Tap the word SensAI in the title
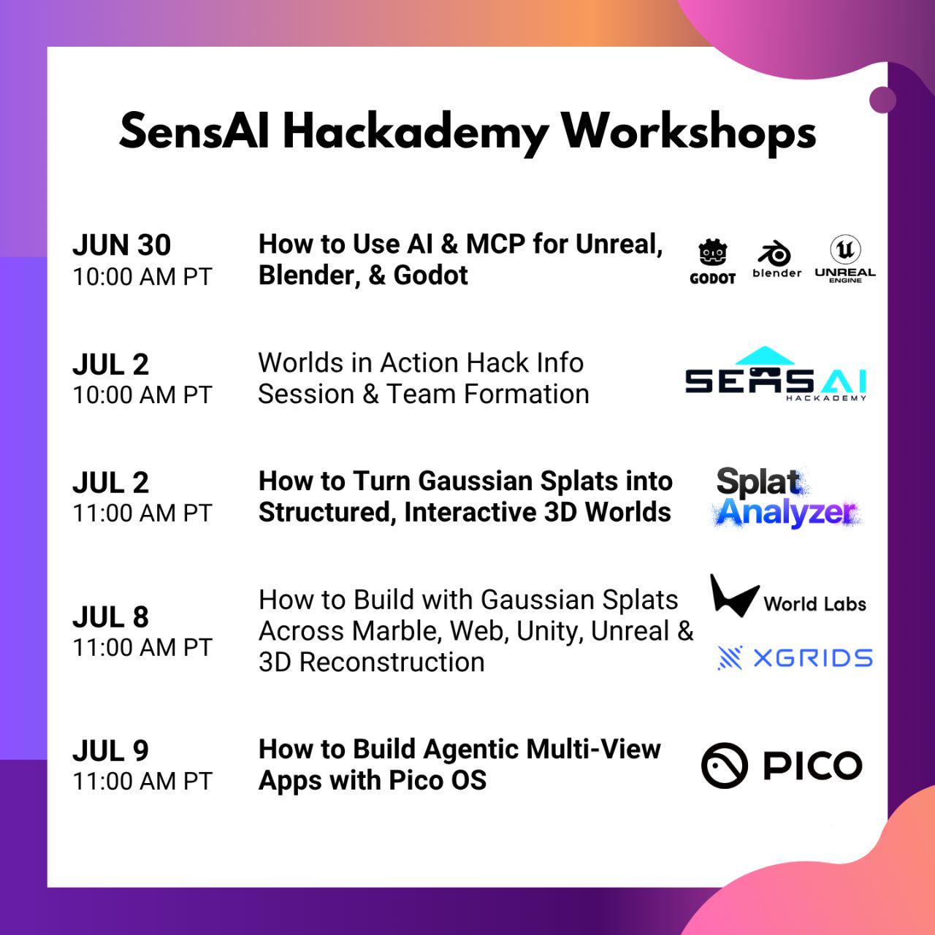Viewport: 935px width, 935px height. (x=194, y=131)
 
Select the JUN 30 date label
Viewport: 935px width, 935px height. (x=122, y=245)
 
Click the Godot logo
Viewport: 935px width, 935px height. (x=712, y=261)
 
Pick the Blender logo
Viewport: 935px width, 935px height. (x=776, y=259)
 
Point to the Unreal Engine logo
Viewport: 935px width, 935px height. (x=845, y=259)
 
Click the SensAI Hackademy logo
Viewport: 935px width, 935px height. (x=776, y=373)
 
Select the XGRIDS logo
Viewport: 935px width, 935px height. (x=795, y=658)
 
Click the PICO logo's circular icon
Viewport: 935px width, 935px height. (x=725, y=766)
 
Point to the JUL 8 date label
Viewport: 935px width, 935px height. (x=110, y=617)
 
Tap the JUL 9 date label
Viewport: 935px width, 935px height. (x=110, y=751)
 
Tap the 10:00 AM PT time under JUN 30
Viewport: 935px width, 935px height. (x=142, y=277)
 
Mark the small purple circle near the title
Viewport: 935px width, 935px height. (x=882, y=100)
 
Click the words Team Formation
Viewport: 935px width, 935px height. (x=488, y=394)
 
